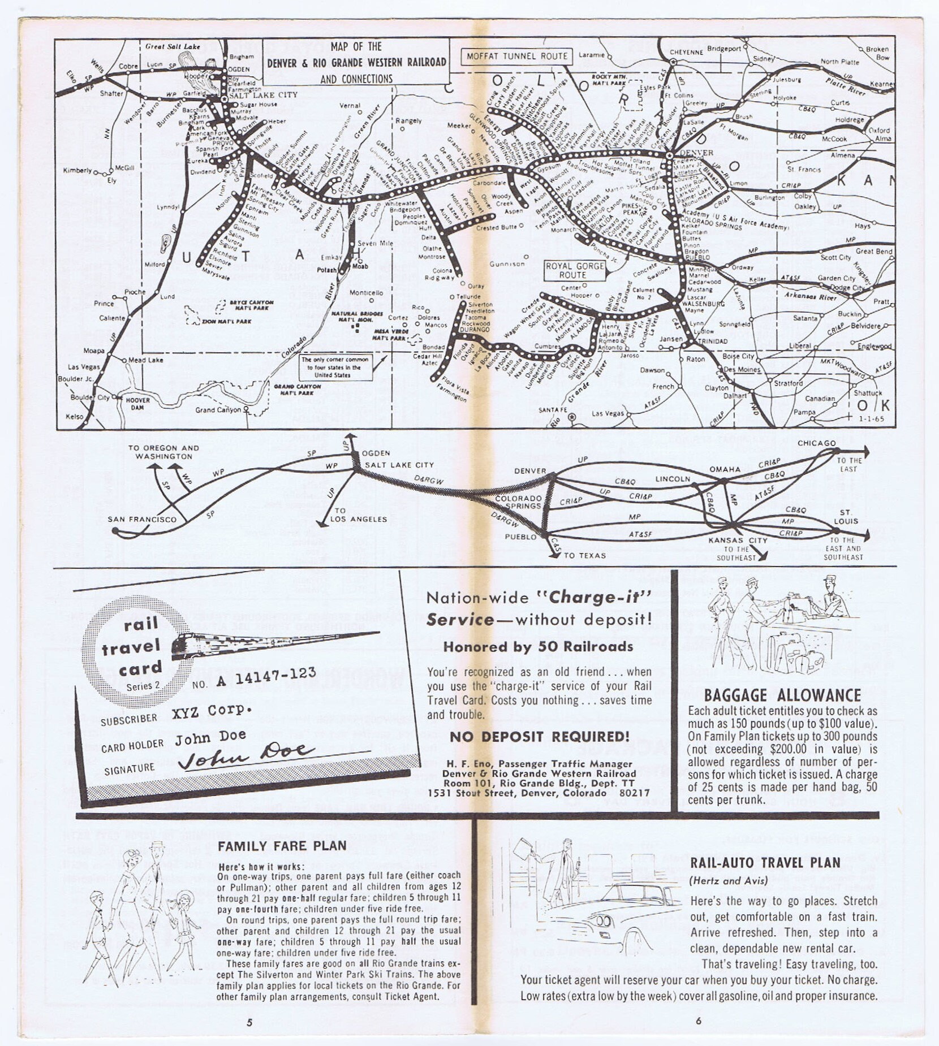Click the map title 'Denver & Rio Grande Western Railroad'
(x=356, y=62)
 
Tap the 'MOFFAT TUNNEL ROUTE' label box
(x=517, y=56)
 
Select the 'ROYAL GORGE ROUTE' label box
(x=574, y=270)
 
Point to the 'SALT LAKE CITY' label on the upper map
(x=263, y=95)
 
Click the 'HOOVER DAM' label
(x=137, y=403)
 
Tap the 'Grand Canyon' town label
(x=218, y=410)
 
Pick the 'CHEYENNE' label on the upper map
(x=686, y=52)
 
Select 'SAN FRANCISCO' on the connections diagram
(x=142, y=519)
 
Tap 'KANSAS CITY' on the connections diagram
(x=738, y=540)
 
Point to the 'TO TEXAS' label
(x=584, y=556)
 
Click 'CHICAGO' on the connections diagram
(x=816, y=443)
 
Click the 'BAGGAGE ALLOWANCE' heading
(x=782, y=695)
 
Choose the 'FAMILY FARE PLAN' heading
(x=282, y=846)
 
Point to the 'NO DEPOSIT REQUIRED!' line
(x=539, y=737)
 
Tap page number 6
(x=699, y=1021)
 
